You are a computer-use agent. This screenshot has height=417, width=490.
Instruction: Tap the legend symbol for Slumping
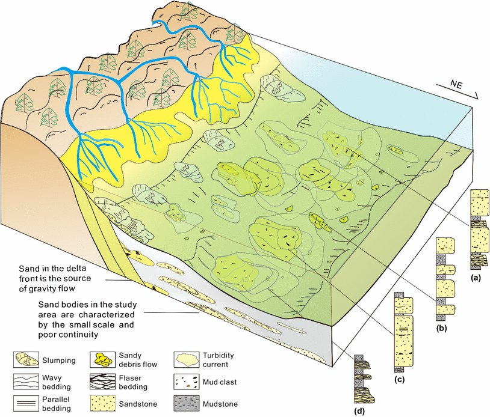(x=26, y=360)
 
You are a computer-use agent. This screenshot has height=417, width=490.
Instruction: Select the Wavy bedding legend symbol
(x=26, y=380)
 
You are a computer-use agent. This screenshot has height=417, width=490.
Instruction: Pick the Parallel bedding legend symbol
(x=26, y=400)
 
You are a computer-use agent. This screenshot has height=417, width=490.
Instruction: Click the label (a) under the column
(x=476, y=278)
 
